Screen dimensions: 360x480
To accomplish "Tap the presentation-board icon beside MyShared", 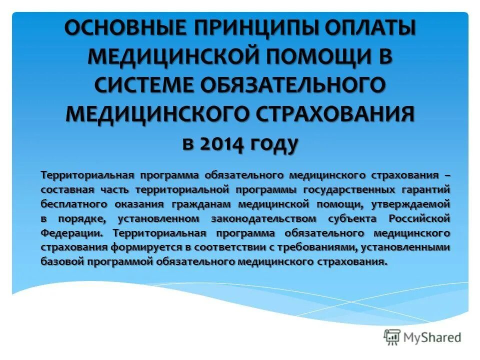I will pyautogui.click(x=393, y=337).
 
